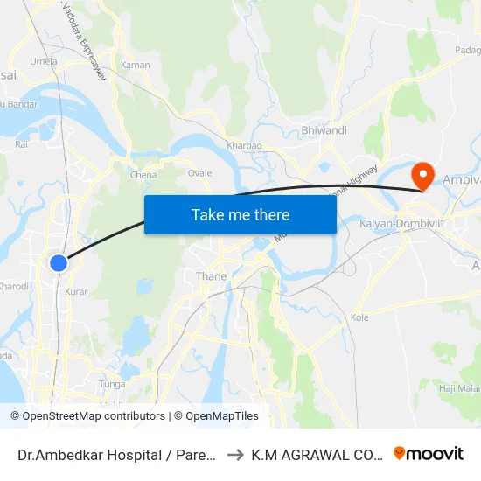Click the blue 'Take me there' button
240,214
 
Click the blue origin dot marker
59,262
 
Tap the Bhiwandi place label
324,130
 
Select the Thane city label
212,276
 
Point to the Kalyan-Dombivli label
403,224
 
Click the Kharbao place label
244,145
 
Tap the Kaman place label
136,65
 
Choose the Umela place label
44,61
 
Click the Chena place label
143,175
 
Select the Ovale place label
200,173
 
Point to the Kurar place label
77,292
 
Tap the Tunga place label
112,383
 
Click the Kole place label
359,317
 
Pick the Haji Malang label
459,388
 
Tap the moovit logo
429,453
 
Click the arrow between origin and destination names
235,454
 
